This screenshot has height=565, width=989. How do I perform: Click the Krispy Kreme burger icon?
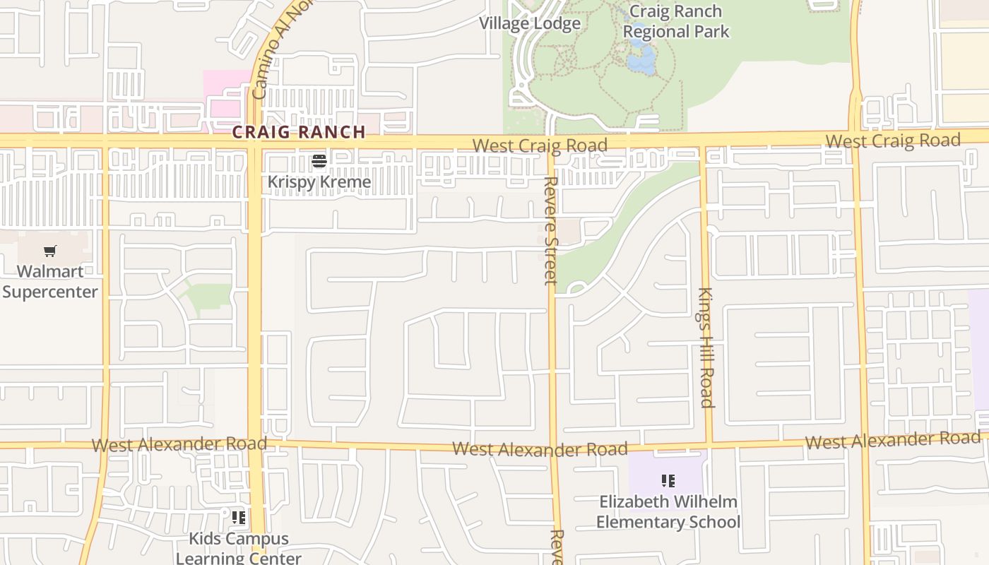319,162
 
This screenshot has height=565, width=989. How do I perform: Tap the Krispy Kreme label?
319,182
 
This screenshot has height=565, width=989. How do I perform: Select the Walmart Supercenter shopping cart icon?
49,251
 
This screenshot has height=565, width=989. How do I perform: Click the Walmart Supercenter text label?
49,281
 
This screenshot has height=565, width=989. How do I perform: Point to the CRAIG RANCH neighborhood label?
299,132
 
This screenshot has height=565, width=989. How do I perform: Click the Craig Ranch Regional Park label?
675,21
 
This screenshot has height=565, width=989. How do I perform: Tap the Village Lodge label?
530,23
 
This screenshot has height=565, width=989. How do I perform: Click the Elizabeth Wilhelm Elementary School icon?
668,482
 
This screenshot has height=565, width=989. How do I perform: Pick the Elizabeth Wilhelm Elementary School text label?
668,512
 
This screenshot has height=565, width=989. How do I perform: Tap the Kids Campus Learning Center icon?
239,518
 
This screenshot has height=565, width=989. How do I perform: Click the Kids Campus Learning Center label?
239,548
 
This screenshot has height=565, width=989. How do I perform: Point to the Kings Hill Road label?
706,347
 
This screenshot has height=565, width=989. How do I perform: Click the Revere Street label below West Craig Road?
551,230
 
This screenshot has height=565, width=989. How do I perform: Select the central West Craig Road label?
540,146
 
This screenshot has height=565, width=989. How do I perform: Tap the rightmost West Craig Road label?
893,141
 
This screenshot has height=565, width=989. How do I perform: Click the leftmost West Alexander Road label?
179,444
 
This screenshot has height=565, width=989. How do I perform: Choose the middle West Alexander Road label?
540,449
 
